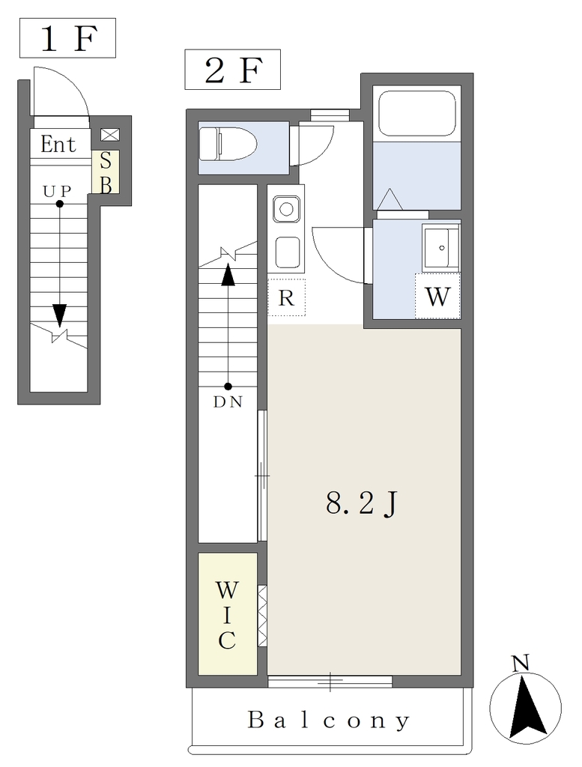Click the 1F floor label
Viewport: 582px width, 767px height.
[x=68, y=39]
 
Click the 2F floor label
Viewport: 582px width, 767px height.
[x=233, y=70]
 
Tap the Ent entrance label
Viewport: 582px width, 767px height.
[x=58, y=145]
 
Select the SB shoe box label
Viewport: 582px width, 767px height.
[x=106, y=172]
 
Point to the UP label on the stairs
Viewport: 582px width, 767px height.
[x=57, y=191]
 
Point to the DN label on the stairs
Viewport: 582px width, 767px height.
[x=228, y=402]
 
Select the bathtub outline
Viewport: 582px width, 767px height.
[x=417, y=115]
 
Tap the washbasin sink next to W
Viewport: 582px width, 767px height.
[x=441, y=247]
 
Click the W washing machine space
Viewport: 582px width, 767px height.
[x=437, y=296]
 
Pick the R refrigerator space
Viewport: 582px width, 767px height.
[x=286, y=297]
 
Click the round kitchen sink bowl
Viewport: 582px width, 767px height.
[x=287, y=210]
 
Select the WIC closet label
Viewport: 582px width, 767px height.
[x=227, y=615]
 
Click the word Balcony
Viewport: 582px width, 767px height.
[x=329, y=720]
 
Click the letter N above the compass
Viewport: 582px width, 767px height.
[x=521, y=663]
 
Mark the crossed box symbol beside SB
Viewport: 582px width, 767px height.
[x=109, y=135]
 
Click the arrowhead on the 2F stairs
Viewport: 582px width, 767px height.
[x=228, y=275]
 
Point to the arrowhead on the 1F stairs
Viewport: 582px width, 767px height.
[x=60, y=315]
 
